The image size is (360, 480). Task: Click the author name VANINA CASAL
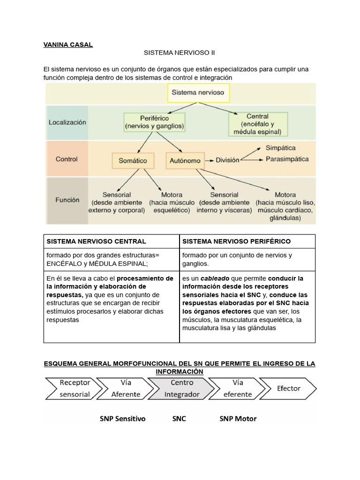pos(68,45)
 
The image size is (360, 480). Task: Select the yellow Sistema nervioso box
pos(198,93)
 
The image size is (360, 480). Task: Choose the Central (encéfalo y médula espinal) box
pos(257,123)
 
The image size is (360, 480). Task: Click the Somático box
pos(132,160)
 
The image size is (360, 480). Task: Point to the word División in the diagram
pos(227,160)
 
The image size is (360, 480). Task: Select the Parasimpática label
pos(287,159)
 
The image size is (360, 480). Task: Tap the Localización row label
pos(67,122)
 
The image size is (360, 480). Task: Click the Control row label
pos(67,159)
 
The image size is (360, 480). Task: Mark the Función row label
pos(67,199)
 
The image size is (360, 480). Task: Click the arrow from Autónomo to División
pos(209,160)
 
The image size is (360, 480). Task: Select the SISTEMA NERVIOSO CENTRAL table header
pos(96,241)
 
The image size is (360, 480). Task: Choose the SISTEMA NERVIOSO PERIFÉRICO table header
pos(236,241)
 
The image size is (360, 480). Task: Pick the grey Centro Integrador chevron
pos(181,388)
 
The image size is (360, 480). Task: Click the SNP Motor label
pos(238,419)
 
